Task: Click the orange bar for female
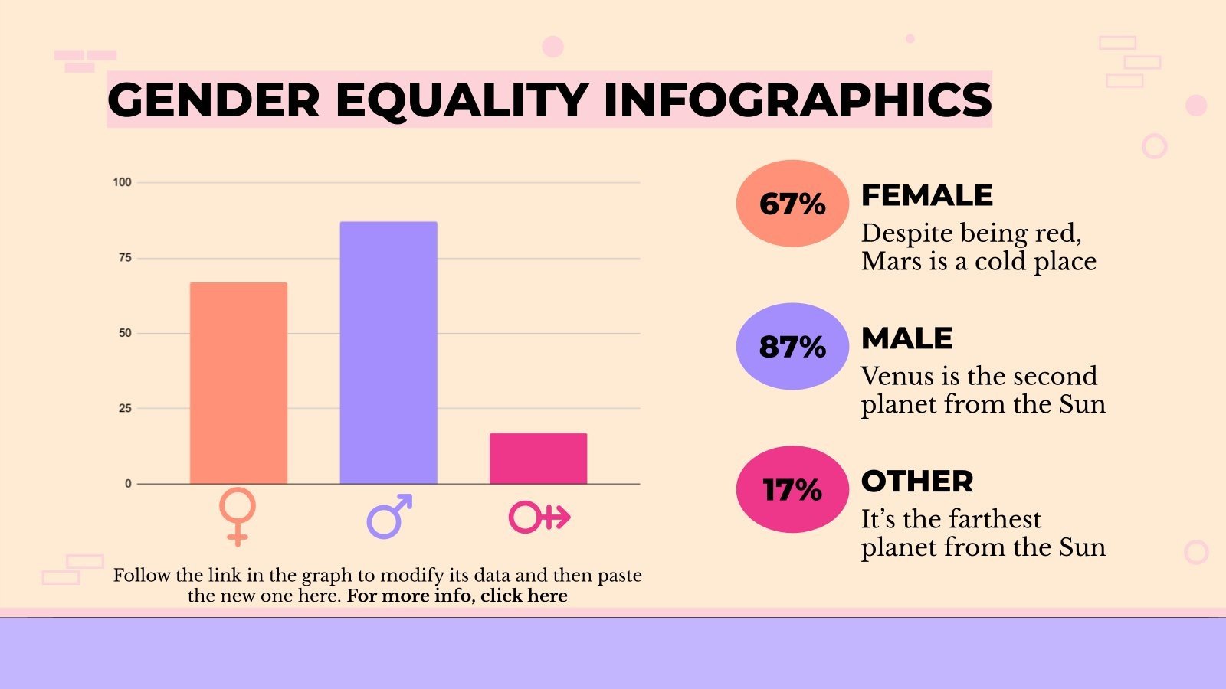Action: click(x=238, y=383)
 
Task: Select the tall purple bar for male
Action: click(x=388, y=352)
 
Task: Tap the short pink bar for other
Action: click(x=538, y=459)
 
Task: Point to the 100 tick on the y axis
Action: click(x=122, y=182)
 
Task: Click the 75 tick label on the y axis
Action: click(x=125, y=258)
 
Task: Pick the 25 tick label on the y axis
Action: click(x=125, y=408)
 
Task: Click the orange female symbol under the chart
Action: click(x=238, y=516)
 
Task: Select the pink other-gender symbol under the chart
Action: click(x=539, y=518)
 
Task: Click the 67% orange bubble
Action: click(x=792, y=204)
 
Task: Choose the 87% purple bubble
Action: click(x=792, y=347)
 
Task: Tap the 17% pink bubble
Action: click(x=792, y=490)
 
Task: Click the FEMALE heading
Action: click(x=927, y=195)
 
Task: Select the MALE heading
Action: click(x=907, y=338)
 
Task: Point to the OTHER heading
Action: click(x=917, y=482)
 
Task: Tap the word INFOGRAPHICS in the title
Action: click(x=797, y=100)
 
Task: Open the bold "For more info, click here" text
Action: click(x=457, y=596)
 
